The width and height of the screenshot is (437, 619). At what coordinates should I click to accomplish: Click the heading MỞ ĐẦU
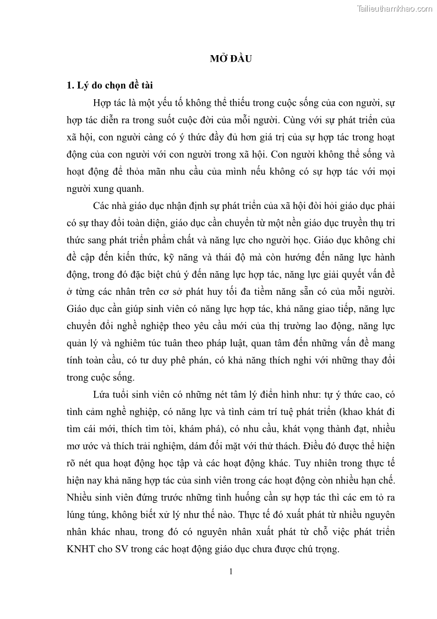pyautogui.click(x=230, y=60)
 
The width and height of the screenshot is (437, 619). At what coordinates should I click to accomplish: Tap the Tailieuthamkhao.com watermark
pyautogui.click(x=395, y=8)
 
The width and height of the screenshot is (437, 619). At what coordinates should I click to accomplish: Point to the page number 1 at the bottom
pyautogui.click(x=231, y=571)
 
